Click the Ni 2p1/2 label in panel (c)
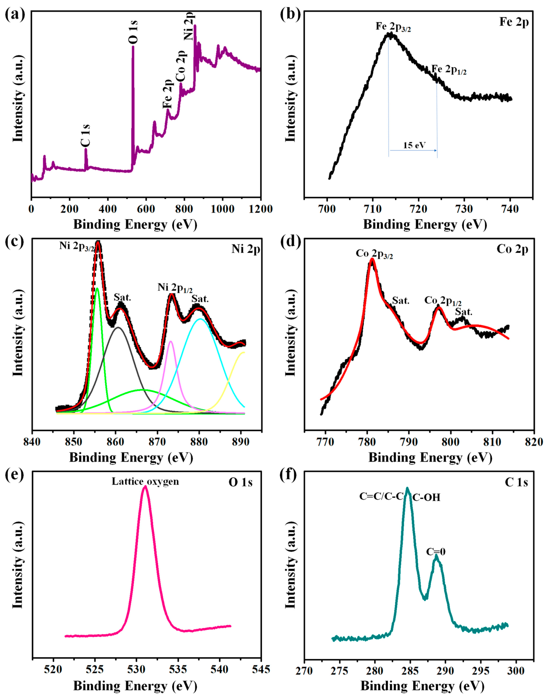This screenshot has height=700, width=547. [x=175, y=287]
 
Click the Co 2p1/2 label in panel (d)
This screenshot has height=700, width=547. [x=443, y=301]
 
